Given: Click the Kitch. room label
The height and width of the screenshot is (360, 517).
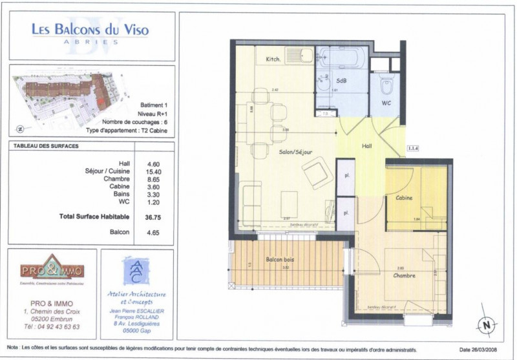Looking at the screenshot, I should coord(273,59).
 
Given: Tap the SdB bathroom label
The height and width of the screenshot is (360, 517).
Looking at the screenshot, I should coord(342,79).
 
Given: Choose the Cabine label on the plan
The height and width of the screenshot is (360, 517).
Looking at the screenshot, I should coord(405,198).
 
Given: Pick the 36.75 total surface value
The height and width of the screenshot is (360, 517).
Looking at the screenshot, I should coord(153,217).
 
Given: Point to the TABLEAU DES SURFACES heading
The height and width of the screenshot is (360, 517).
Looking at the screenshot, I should coord(46,146).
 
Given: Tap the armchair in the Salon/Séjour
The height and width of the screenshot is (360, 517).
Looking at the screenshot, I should coord(317,173).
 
